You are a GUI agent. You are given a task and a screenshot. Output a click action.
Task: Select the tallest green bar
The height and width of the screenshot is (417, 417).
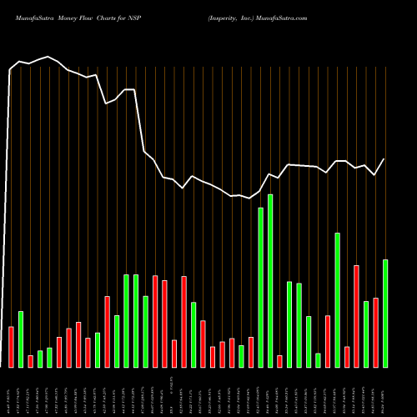[x=270, y=280]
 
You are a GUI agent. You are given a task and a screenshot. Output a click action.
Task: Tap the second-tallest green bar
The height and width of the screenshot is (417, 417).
[x=261, y=287]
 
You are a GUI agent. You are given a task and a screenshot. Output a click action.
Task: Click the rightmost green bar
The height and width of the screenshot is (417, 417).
[x=385, y=313]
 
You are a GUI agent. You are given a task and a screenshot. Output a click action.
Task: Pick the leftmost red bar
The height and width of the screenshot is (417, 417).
[x=11, y=346]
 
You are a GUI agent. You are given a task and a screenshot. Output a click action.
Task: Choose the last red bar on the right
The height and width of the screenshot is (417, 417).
[x=375, y=332]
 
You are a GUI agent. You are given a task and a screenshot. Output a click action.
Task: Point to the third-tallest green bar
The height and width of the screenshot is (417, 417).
[x=337, y=299]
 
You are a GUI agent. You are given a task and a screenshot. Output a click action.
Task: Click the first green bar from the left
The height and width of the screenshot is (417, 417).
[x=21, y=339]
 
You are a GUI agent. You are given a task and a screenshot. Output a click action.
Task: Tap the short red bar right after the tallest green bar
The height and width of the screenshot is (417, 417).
[x=279, y=361]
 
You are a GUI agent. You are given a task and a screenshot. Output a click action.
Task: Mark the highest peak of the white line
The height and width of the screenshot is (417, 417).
[x=49, y=57]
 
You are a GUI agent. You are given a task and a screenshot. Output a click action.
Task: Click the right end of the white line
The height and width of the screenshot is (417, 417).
[x=384, y=158]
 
